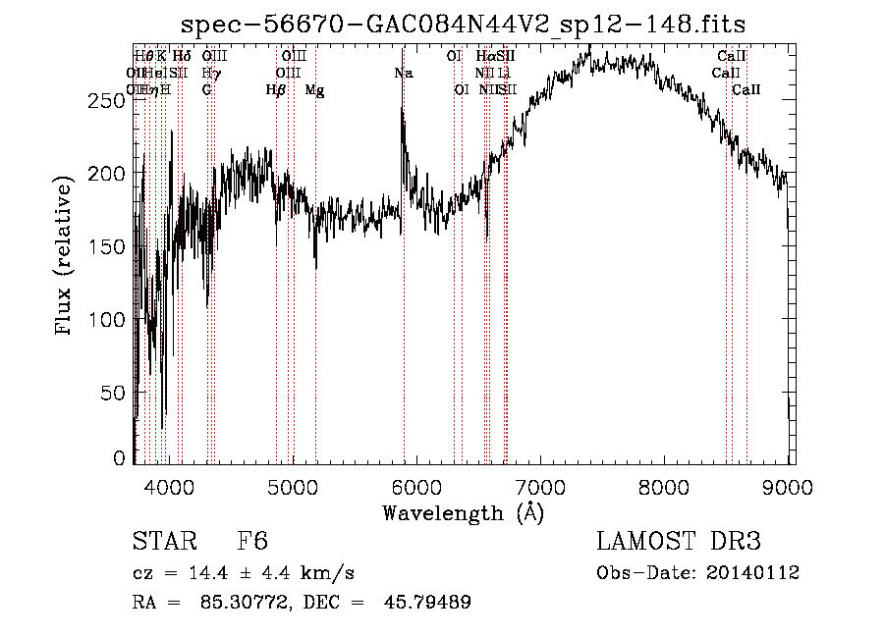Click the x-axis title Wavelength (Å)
point(463,511)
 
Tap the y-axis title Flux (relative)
point(66,257)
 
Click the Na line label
point(403,74)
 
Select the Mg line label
point(314,90)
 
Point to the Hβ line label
point(276,90)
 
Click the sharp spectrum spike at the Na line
point(403,110)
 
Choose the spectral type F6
point(252,543)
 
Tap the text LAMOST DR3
point(679,543)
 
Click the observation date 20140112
point(757,573)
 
